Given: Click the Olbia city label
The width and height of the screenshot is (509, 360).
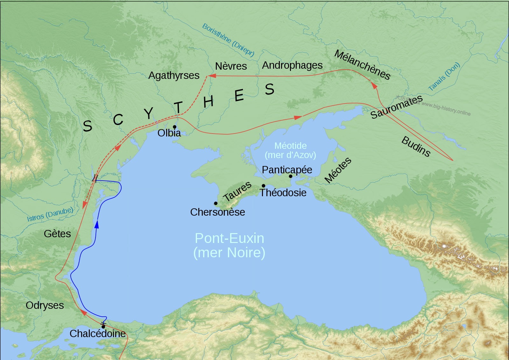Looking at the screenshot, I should pyautogui.click(x=169, y=133).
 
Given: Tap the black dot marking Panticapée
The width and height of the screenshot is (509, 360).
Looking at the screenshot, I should pyautogui.click(x=291, y=176).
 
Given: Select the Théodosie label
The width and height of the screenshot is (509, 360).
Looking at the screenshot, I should pyautogui.click(x=283, y=193).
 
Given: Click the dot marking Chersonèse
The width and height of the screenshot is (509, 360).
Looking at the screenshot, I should pyautogui.click(x=216, y=203).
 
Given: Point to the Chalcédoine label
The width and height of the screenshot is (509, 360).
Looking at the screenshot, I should pyautogui.click(x=98, y=334).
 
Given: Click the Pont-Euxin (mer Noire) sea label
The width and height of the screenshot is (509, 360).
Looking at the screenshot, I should pyautogui.click(x=229, y=246).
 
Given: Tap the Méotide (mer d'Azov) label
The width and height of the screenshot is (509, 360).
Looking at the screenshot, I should pyautogui.click(x=290, y=150).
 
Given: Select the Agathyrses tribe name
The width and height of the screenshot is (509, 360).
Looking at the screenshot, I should pyautogui.click(x=174, y=75).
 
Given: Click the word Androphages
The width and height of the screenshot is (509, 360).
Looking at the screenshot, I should pyautogui.click(x=292, y=65).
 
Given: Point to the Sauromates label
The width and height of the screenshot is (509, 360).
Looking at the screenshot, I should pyautogui.click(x=397, y=107).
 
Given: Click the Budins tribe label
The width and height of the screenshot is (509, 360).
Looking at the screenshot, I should pyautogui.click(x=416, y=147).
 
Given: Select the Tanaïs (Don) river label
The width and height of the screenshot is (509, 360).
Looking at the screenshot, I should pyautogui.click(x=444, y=77).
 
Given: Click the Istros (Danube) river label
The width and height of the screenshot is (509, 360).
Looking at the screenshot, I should pyautogui.click(x=50, y=214).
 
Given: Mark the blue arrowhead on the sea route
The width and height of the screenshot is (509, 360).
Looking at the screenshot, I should pyautogui.click(x=97, y=224).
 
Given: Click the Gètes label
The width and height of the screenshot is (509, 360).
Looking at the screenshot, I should pyautogui.click(x=57, y=234).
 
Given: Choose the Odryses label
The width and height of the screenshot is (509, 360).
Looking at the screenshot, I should pyautogui.click(x=45, y=305).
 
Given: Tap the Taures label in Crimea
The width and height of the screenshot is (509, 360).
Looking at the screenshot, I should pyautogui.click(x=237, y=191).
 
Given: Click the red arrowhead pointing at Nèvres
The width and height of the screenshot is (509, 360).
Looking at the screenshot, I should pyautogui.click(x=212, y=76).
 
